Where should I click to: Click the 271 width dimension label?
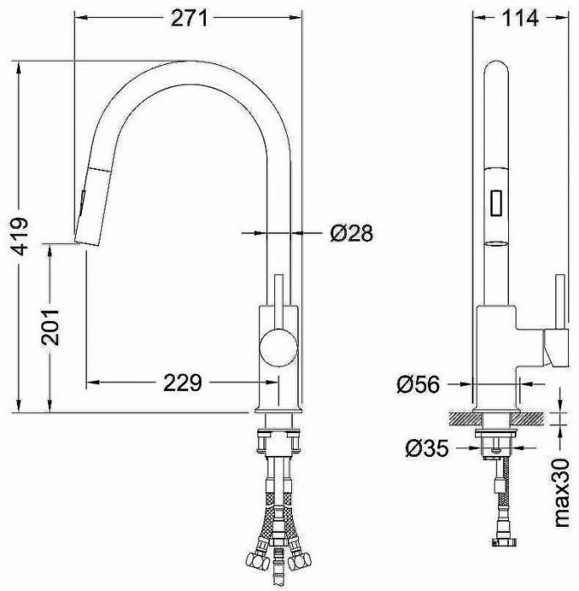click(x=188, y=19)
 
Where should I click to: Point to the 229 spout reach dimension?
click(x=181, y=382)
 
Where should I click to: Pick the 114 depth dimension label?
click(x=518, y=19)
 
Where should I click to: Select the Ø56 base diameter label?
click(x=417, y=384)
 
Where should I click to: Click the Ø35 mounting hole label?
click(x=425, y=449)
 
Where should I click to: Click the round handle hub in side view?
click(x=278, y=346)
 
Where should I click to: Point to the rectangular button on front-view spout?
click(x=496, y=202)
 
